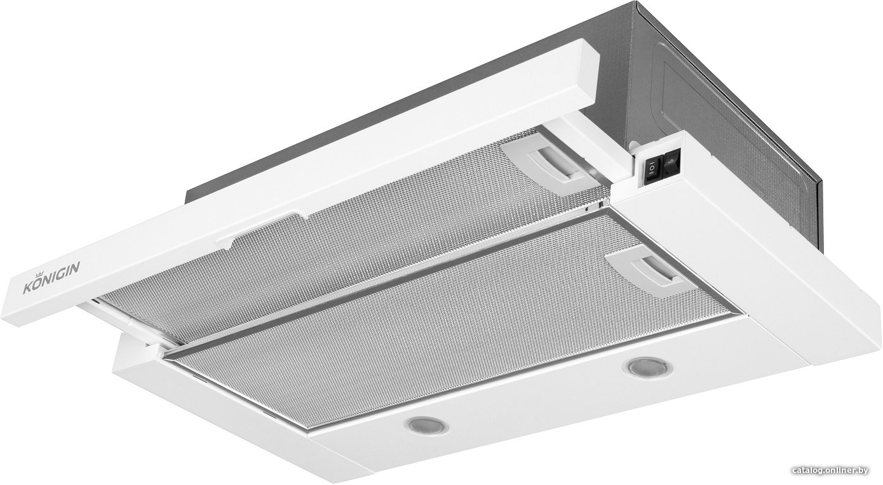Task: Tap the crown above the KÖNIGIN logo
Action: click(39, 274)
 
